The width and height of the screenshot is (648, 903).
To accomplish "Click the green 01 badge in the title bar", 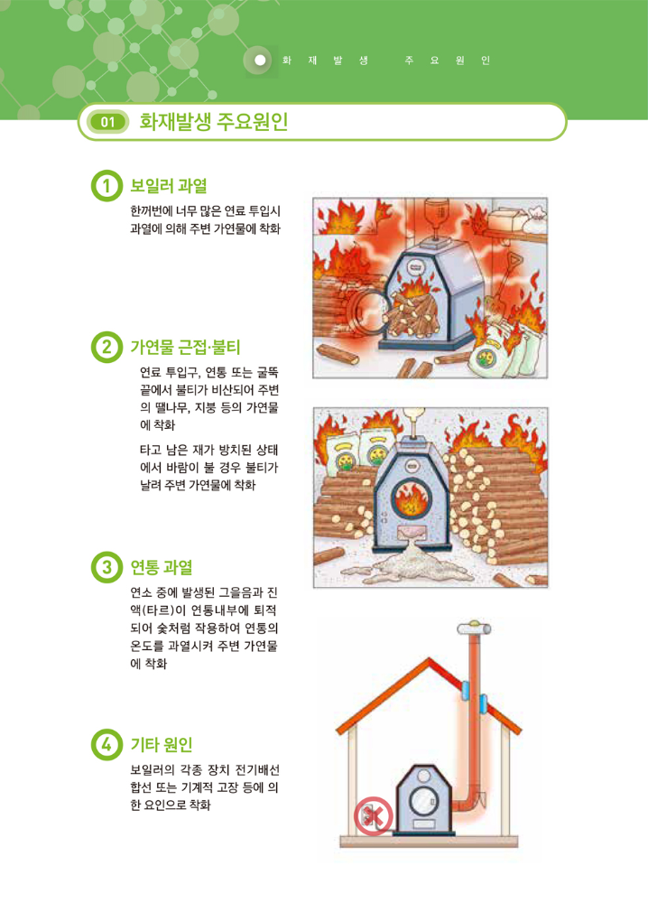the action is coord(107,122).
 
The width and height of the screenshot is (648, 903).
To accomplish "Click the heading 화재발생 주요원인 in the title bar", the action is coord(214,122).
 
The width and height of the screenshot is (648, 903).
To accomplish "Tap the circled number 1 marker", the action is coord(106,185).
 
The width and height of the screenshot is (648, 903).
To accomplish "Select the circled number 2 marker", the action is coord(106,347).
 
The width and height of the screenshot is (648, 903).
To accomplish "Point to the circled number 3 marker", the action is coord(106,567).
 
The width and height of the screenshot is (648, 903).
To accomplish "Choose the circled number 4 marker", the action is coord(106,745).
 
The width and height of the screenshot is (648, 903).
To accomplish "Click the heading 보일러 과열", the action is coord(168,185).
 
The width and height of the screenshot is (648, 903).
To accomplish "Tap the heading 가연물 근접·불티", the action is coord(185,347).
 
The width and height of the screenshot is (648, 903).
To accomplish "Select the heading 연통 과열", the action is coord(162,567).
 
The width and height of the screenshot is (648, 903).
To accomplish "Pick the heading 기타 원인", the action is coord(162,745).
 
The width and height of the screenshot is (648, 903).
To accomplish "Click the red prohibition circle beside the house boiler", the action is coord(373,816).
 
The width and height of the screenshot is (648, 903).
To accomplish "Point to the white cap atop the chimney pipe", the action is coord(474,628).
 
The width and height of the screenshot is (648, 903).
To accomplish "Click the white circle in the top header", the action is coord(260,60).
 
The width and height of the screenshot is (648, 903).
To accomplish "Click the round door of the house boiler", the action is coord(424,800).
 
